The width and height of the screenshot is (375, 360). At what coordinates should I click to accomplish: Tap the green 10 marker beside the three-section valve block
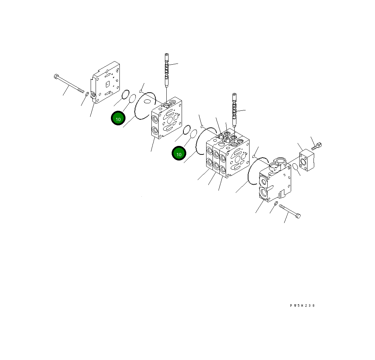pos(179,154)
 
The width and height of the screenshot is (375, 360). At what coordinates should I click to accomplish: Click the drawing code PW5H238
pos(302,306)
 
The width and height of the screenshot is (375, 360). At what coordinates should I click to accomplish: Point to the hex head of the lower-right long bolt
pos(298,215)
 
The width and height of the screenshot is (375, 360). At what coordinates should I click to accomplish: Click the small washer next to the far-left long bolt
pos(87,93)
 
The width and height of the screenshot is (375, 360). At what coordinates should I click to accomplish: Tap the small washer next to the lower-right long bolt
pos(276,202)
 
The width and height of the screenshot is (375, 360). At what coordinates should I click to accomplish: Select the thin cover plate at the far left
pos(106,84)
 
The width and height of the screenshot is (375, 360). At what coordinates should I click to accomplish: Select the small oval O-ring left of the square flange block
pos(295,167)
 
